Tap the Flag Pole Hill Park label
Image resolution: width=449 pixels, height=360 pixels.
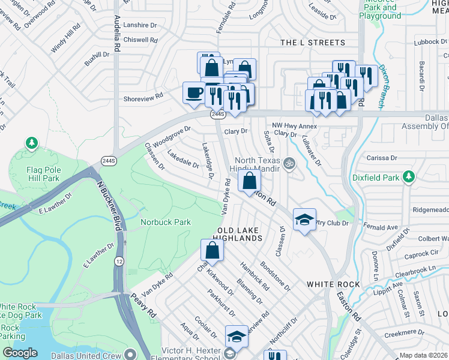43,174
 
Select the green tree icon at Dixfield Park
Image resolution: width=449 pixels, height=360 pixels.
409,176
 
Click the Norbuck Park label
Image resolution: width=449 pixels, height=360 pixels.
166,222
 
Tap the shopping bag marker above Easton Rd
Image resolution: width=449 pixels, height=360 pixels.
249,180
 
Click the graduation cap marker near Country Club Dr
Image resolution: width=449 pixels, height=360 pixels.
304,219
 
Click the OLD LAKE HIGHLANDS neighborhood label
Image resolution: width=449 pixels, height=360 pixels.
240,234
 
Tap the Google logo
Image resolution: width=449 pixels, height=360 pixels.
20,353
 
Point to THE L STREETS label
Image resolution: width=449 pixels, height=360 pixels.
313,43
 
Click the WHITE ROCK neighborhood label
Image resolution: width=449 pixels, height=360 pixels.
333,284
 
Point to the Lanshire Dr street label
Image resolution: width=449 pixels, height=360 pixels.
139,26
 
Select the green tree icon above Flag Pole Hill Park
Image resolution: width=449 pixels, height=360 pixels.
31,143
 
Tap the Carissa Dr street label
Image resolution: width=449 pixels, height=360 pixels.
384,158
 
